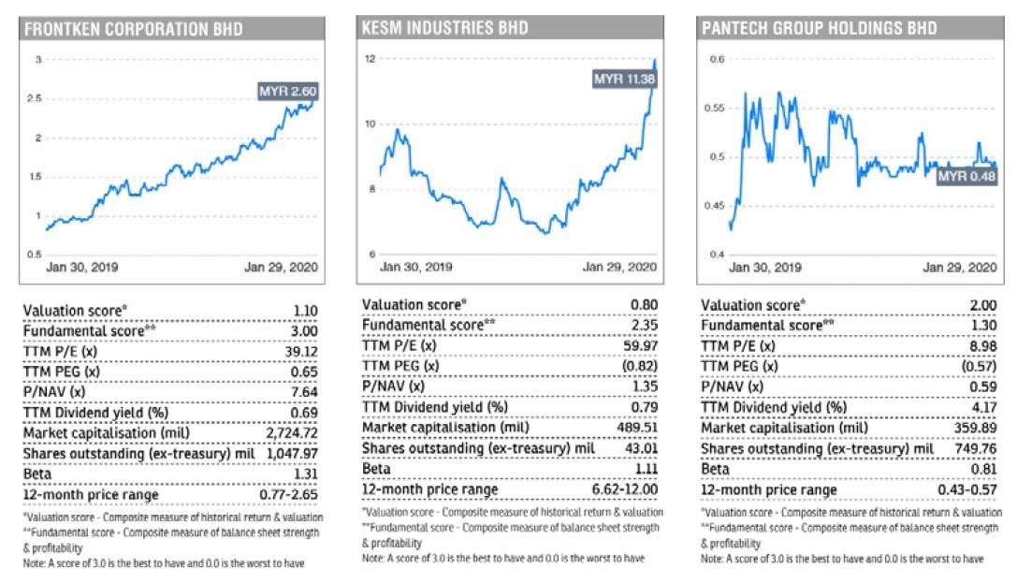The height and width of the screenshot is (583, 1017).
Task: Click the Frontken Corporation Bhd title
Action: [x=134, y=29]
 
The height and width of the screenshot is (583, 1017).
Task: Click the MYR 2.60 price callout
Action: [x=287, y=92]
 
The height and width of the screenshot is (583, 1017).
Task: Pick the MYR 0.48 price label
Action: [x=966, y=175]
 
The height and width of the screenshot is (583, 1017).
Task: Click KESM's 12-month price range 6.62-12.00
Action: [x=625, y=489]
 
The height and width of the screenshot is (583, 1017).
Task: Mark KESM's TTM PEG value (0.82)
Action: [x=640, y=366]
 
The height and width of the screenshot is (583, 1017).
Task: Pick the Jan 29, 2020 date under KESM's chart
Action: [x=619, y=267]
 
